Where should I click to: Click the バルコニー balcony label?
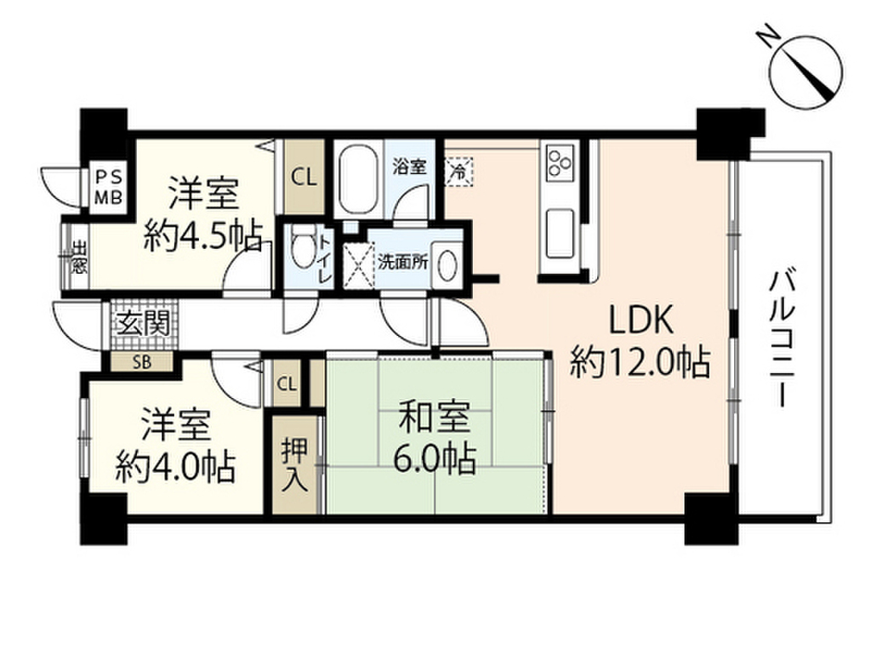tap(781, 338)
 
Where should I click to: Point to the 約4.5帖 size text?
tap(202, 236)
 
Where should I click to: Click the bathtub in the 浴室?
tap(360, 179)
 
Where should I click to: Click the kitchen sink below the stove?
tap(560, 230)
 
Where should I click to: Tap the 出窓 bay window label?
tap(78, 255)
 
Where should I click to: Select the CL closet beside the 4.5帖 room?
tap(304, 178)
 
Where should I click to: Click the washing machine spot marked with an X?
tap(359, 264)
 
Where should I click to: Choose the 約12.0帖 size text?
tap(640, 363)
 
